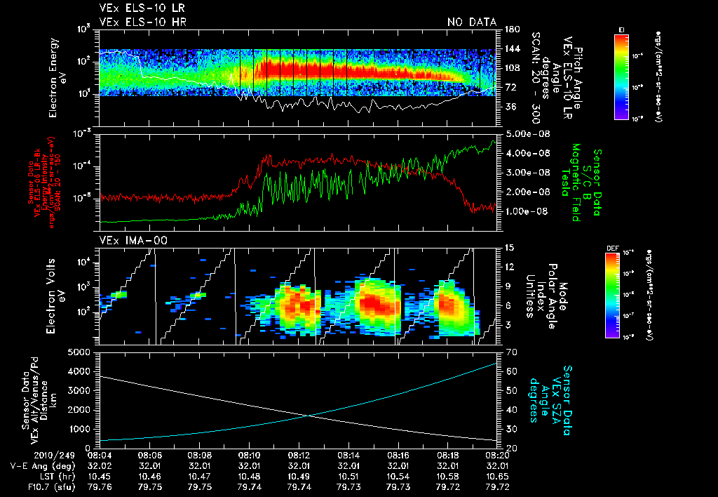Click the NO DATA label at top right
pos(471,22)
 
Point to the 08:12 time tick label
pos(299,454)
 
